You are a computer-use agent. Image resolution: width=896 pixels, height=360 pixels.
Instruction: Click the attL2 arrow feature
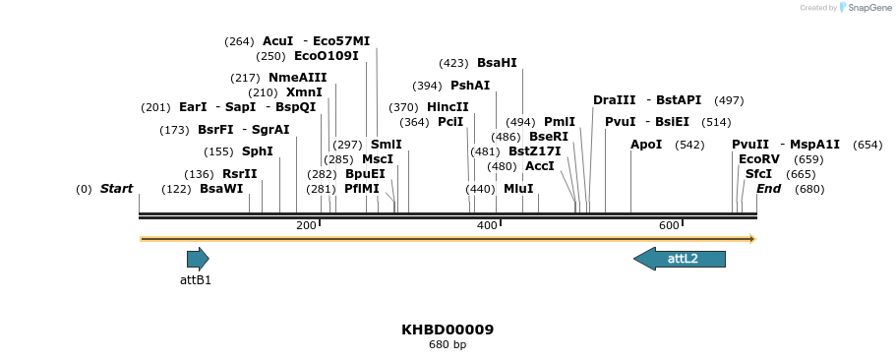(680, 259)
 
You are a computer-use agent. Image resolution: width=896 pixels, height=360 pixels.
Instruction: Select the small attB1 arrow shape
(198, 259)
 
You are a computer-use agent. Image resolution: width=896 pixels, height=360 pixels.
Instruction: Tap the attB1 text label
(196, 280)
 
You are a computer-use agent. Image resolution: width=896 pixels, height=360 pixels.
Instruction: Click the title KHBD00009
(448, 330)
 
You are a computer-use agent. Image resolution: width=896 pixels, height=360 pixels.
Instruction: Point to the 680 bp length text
(448, 344)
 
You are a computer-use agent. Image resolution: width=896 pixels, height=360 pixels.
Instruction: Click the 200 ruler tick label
(306, 225)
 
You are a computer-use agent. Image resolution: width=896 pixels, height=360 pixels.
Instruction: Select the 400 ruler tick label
(487, 225)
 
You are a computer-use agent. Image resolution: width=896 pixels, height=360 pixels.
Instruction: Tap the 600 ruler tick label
(669, 225)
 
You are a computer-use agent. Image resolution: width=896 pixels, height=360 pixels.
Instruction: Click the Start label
(116, 189)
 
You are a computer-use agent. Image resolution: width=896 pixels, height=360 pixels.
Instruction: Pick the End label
(768, 189)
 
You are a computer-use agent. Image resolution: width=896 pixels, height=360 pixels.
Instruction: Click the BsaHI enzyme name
(497, 63)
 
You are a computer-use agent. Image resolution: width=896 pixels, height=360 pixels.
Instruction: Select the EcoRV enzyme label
(758, 159)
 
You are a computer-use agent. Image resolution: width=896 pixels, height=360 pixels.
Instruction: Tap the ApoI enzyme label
(646, 145)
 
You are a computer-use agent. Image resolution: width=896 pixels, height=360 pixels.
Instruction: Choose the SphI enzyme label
(257, 151)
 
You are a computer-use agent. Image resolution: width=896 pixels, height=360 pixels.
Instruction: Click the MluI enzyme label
(518, 189)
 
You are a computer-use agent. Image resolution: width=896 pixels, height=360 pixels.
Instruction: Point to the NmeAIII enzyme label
(297, 78)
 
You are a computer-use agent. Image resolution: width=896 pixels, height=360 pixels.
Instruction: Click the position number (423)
(453, 63)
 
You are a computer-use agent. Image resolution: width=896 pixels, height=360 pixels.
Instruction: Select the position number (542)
(689, 145)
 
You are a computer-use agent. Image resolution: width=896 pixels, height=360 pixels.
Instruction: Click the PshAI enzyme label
(470, 86)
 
